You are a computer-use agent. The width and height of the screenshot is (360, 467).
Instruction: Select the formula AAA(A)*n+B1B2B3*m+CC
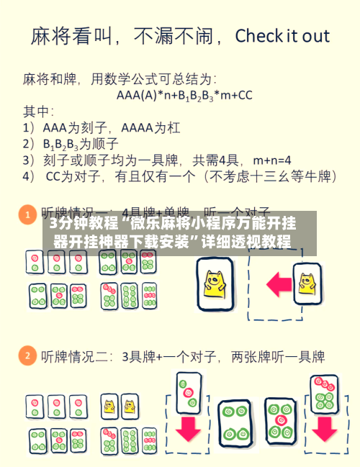[184, 94]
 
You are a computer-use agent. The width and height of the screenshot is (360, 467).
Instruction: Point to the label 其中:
[37, 111]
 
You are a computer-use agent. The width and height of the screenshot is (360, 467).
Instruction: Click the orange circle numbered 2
[27, 355]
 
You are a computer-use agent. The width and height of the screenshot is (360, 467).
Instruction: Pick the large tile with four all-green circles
[234, 422]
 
